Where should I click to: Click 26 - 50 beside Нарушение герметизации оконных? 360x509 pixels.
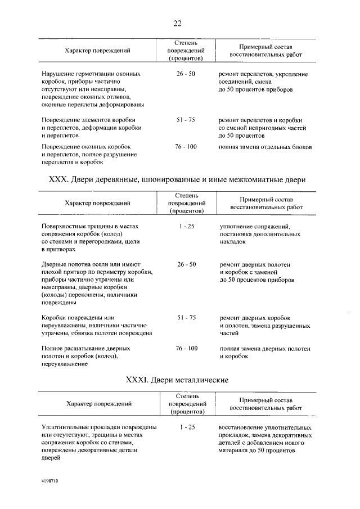click(186, 74)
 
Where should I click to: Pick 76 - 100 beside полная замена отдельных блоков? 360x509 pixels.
click(186, 147)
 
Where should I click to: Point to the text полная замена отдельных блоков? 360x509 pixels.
click(265, 147)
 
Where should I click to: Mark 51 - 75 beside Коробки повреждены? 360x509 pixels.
click(186, 318)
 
